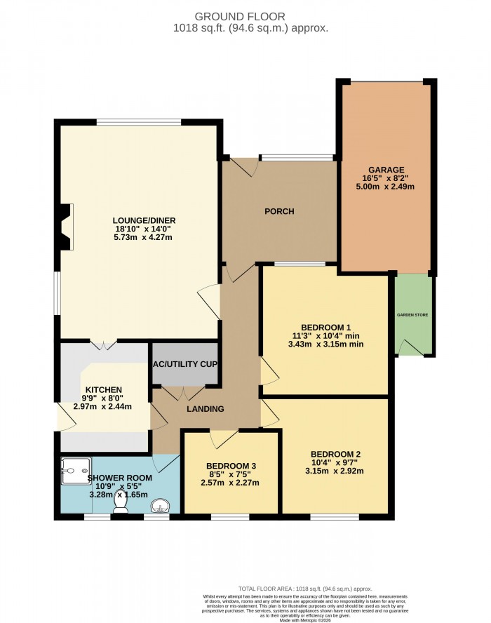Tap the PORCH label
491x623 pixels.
pyautogui.click(x=278, y=211)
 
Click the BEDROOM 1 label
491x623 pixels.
pyautogui.click(x=325, y=328)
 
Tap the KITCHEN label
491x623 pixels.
pyautogui.click(x=104, y=390)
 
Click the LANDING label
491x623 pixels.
pyautogui.click(x=205, y=409)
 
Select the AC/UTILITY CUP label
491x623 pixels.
pyautogui.click(x=185, y=365)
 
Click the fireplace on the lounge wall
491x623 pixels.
pyautogui.click(x=65, y=227)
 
